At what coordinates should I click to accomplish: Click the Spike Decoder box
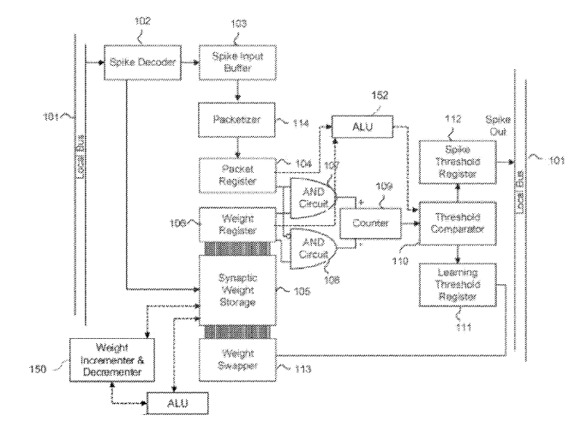[x=143, y=62]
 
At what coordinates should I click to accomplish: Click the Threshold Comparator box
[x=457, y=222]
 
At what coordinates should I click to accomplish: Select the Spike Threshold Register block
[x=457, y=160]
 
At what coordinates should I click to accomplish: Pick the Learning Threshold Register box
[x=457, y=285]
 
